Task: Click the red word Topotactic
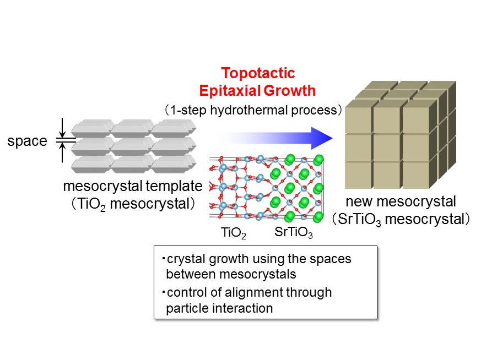258,74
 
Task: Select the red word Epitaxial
228,90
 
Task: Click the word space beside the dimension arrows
27,141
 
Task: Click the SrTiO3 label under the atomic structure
294,233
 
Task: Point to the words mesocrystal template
133,186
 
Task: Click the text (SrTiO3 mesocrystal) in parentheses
401,220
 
